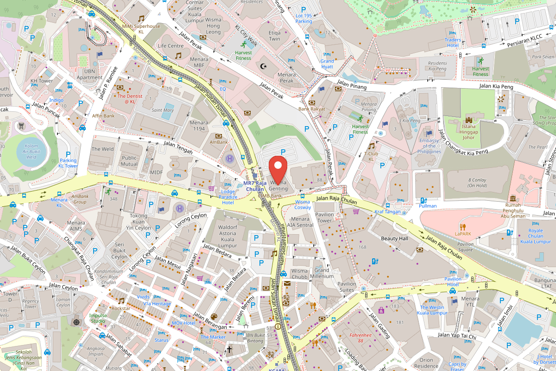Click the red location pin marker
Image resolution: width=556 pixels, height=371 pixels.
278,170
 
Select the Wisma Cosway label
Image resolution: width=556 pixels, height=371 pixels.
303,205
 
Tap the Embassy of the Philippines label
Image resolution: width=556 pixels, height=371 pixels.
429,146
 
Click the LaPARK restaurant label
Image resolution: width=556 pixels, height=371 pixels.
462,233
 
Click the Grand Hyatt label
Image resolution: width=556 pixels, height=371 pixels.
327,64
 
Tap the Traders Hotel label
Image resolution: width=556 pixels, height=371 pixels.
453,42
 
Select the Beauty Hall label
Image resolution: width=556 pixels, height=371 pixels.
394,238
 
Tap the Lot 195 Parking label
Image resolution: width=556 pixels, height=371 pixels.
303,19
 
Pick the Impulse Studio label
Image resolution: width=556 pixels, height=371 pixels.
98,318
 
